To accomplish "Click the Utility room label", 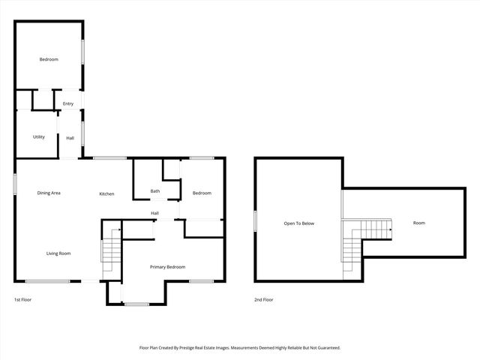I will (x=39, y=137).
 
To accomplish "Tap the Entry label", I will (x=68, y=103).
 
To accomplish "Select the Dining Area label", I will (x=49, y=193).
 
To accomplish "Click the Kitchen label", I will (x=107, y=194).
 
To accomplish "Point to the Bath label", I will (x=155, y=191).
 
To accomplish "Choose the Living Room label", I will (x=58, y=253).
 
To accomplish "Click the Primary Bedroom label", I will (x=167, y=267).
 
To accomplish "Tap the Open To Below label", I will (x=298, y=223).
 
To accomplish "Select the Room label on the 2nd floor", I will (x=418, y=223).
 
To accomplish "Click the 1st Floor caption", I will (x=22, y=299).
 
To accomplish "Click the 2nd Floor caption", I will (x=263, y=299).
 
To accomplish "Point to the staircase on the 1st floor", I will (x=110, y=251).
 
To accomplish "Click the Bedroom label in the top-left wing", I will (x=49, y=59).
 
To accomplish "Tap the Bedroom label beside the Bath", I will (x=202, y=193).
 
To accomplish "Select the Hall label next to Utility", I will (x=70, y=138).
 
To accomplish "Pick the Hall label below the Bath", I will (x=154, y=213).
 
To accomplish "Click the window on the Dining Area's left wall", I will (x=15, y=185).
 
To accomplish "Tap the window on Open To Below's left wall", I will (x=255, y=221).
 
